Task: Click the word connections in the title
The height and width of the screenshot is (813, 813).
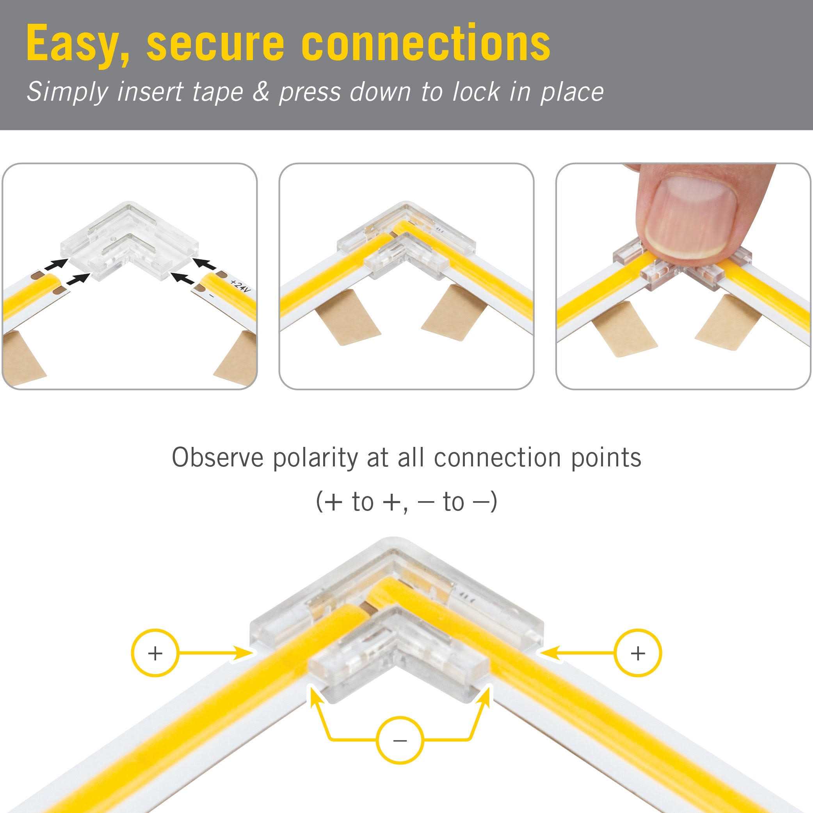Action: (x=425, y=43)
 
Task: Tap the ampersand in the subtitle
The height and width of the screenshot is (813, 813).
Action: (x=261, y=92)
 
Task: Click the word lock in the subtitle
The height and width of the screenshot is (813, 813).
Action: (x=475, y=92)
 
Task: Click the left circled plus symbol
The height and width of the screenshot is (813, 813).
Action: (x=155, y=653)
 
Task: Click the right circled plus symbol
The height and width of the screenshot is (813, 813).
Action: (x=638, y=653)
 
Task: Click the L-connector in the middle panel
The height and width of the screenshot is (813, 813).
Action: (x=406, y=244)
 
